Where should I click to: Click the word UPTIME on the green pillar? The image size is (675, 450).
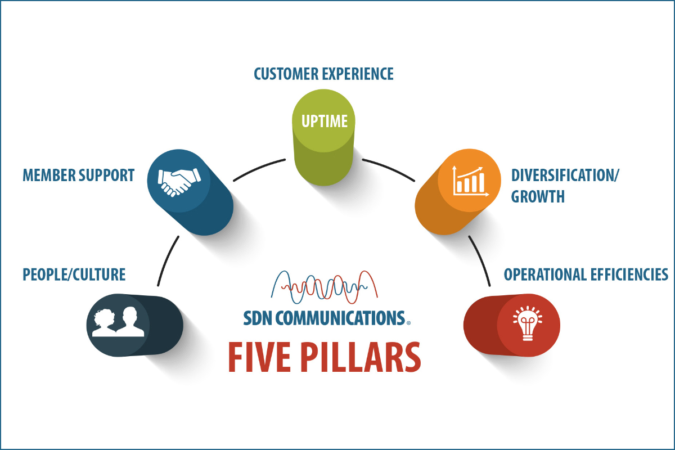pyautogui.click(x=323, y=121)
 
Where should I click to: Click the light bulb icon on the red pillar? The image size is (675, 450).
pyautogui.click(x=528, y=325)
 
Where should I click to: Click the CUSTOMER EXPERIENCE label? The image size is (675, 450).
pyautogui.click(x=323, y=74)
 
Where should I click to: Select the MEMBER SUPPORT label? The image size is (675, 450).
pyautogui.click(x=78, y=175)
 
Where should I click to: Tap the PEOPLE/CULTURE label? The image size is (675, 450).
pyautogui.click(x=74, y=274)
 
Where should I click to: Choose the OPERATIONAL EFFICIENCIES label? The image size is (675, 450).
pyautogui.click(x=586, y=274)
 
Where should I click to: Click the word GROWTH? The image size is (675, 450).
pyautogui.click(x=538, y=197)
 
